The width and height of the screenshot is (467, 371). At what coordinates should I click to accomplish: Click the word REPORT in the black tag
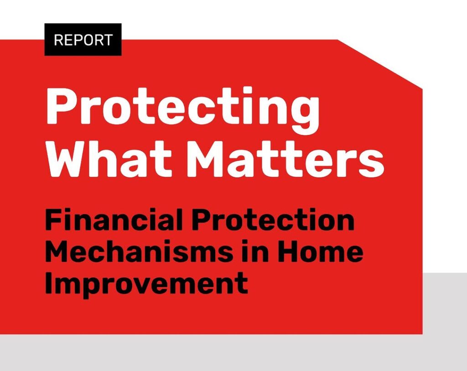(83, 40)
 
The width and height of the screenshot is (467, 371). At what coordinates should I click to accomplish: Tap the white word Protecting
(183, 109)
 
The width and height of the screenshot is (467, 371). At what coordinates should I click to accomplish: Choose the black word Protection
(274, 220)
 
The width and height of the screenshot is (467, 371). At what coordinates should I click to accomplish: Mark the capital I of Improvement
(48, 282)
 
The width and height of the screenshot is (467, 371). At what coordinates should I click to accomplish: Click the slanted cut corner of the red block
(380, 64)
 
